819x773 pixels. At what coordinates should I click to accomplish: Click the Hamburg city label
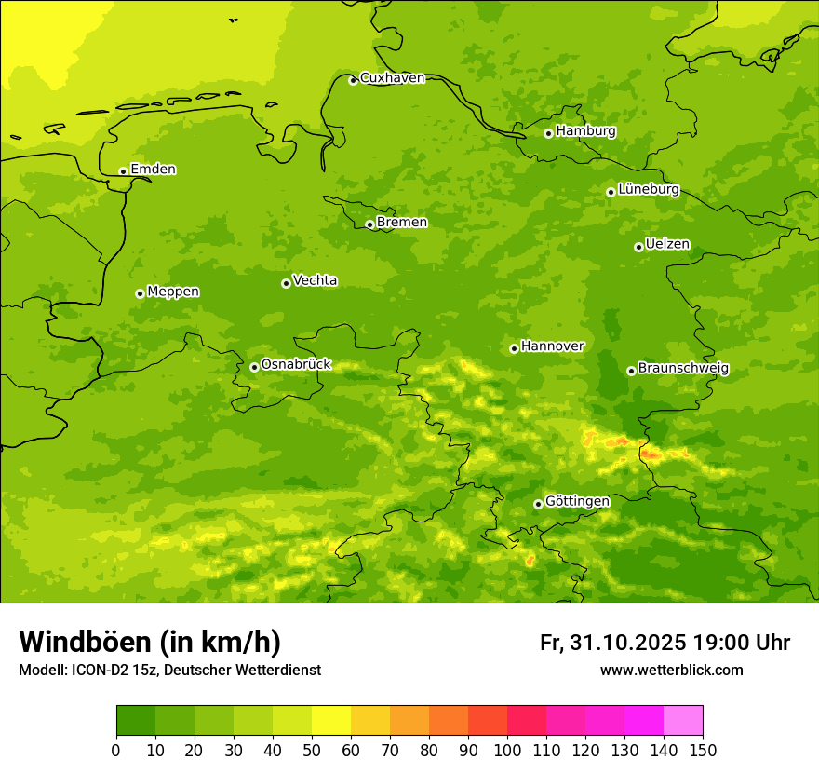tap(585, 131)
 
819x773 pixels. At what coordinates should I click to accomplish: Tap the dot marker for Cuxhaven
tap(353, 80)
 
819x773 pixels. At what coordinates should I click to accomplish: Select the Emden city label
tap(153, 170)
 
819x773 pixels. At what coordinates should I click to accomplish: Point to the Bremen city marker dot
tap(369, 224)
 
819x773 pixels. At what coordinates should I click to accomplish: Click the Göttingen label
tap(577, 502)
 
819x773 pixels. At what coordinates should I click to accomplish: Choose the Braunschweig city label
tap(683, 369)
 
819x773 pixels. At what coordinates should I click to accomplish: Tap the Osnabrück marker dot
tap(254, 367)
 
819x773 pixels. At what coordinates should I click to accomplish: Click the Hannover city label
tap(552, 346)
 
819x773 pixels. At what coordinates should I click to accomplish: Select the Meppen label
tap(173, 292)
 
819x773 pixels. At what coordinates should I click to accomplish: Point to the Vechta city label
tap(315, 280)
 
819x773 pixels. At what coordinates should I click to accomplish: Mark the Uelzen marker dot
tap(638, 247)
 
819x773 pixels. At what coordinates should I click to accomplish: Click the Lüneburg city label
tap(648, 189)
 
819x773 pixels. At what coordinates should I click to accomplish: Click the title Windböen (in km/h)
tap(149, 642)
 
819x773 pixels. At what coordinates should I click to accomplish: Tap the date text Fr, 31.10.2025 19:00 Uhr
tap(665, 643)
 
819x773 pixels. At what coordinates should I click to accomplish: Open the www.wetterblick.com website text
tap(671, 671)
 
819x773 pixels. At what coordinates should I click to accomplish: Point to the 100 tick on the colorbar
tap(507, 750)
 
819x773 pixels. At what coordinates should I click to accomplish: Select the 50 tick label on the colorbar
tap(312, 750)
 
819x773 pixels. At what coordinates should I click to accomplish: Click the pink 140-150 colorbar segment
tap(683, 721)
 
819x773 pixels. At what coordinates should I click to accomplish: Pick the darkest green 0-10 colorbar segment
tap(136, 721)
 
